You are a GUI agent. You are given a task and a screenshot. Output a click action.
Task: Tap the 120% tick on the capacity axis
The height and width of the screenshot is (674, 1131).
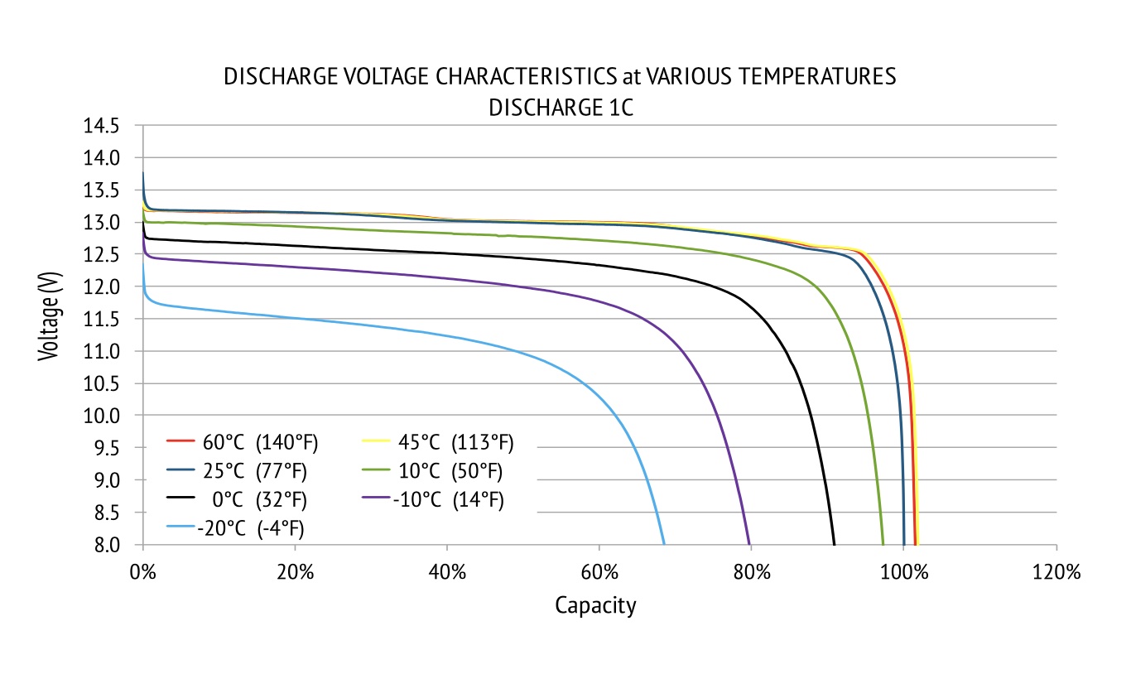(x=1056, y=572)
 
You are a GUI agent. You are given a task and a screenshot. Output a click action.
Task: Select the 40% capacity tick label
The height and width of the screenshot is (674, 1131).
(x=447, y=572)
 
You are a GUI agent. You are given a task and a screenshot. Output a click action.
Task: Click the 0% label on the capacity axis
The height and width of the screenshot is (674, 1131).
(x=143, y=572)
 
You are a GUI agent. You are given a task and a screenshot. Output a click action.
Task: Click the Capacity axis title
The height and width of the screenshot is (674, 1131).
(x=595, y=606)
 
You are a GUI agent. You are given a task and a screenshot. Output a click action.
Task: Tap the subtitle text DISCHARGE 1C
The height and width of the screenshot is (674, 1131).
(x=561, y=108)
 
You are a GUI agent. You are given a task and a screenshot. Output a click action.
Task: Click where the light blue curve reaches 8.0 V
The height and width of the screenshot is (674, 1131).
(x=664, y=544)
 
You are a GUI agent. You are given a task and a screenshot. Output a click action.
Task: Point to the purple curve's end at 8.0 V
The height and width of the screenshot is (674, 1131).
(x=750, y=544)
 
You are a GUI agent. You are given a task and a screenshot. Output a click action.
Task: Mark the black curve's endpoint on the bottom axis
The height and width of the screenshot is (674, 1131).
(x=835, y=544)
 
